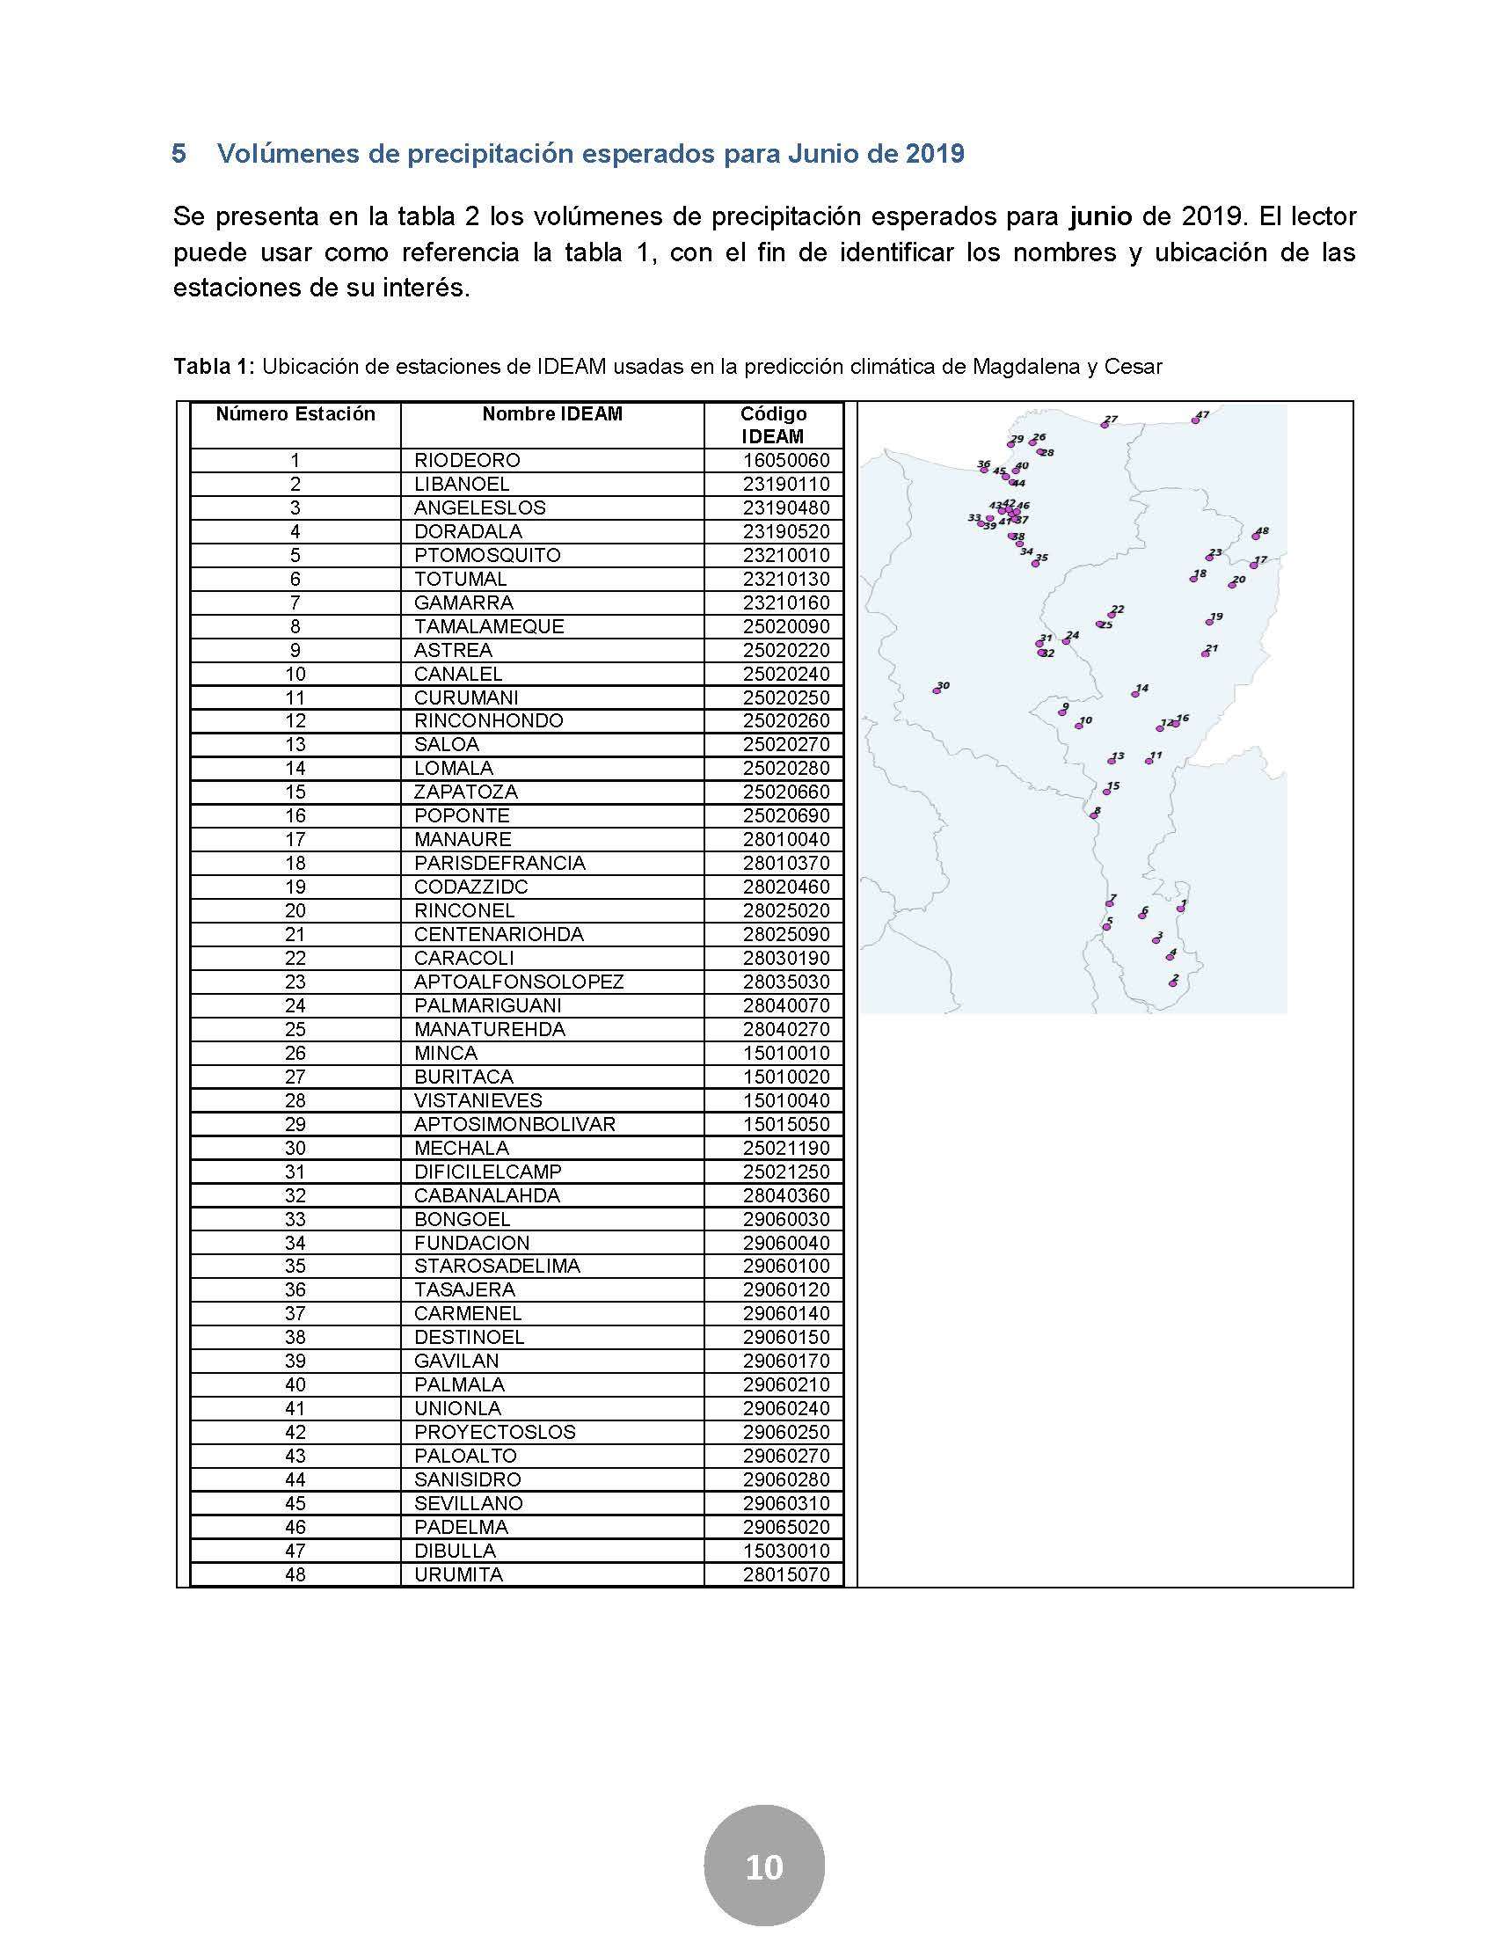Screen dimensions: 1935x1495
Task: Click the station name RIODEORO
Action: pos(467,461)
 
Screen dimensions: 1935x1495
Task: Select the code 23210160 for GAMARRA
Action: pos(785,603)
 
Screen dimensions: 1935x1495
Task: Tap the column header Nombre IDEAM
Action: pos(551,413)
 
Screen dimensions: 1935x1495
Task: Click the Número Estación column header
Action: pos(295,413)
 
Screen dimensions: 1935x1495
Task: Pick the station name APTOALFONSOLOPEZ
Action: pos(518,982)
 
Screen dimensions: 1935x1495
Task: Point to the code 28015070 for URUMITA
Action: pos(785,1574)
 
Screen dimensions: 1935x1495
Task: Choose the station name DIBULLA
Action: pos(455,1551)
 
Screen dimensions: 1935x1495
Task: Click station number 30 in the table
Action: pos(295,1147)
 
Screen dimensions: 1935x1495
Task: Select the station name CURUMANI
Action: pos(466,697)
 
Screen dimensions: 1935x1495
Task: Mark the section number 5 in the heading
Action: pos(179,154)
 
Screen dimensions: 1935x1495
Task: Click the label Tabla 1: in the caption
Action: pos(215,367)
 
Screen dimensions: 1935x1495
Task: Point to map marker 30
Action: pos(937,690)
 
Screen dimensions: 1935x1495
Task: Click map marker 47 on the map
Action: pos(1195,420)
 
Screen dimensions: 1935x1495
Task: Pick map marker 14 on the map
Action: pos(1135,694)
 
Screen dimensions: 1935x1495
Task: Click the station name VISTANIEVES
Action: pos(478,1100)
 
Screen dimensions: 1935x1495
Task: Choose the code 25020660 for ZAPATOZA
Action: pos(785,792)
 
